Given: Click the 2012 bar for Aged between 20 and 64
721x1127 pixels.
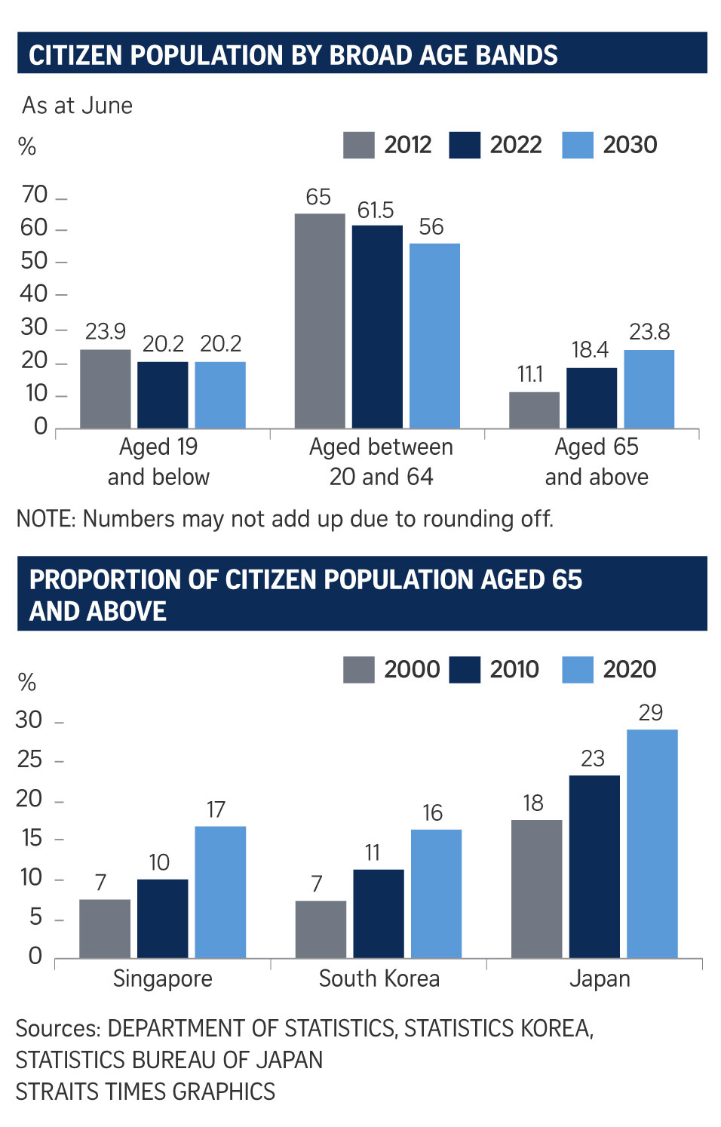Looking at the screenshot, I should click(x=320, y=321).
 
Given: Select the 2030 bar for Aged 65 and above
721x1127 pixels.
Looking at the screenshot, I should click(x=649, y=389).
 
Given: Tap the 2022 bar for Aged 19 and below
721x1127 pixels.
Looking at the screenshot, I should click(x=163, y=395).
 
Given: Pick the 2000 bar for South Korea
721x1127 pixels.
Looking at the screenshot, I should click(x=321, y=929).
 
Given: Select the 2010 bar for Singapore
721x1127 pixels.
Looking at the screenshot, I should click(x=163, y=919).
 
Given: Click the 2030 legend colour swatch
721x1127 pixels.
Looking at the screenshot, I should click(x=578, y=145).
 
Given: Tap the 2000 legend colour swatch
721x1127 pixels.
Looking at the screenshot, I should click(x=359, y=670).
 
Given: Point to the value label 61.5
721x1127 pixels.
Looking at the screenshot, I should click(x=376, y=210).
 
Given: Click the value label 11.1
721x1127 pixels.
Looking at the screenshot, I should click(x=530, y=374).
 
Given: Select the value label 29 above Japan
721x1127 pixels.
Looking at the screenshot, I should click(x=650, y=713).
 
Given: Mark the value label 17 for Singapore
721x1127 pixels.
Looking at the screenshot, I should click(x=216, y=810).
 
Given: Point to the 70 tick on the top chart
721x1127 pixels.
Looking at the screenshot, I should click(x=35, y=195).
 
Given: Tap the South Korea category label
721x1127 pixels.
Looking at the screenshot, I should click(x=379, y=979).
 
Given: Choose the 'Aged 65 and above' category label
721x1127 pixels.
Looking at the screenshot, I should click(x=597, y=462).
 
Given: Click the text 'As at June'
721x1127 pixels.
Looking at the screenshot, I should click(x=77, y=106).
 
